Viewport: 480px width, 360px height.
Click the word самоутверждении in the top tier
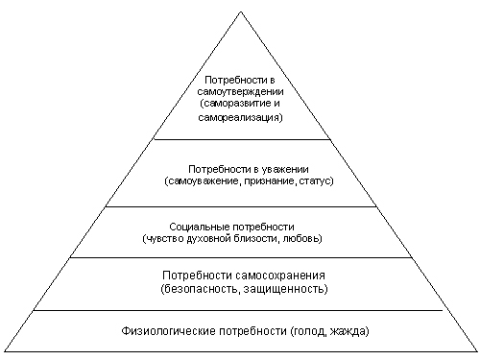[x=240, y=92]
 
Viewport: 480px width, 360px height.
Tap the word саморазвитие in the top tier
[x=236, y=104]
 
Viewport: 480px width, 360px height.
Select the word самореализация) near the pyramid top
[x=240, y=117]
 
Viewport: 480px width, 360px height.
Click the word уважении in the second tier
[x=285, y=169]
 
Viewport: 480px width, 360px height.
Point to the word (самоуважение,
[x=203, y=181]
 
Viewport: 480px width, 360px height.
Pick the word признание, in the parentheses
[x=270, y=181]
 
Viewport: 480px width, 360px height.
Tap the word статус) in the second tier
[x=316, y=181]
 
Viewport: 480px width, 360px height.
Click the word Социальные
[x=200, y=227]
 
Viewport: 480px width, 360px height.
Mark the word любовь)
[x=302, y=239]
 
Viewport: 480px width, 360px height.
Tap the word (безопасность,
[x=201, y=289]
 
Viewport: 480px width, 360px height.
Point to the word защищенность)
[x=286, y=289]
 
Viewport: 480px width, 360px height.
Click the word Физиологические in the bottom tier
[x=169, y=330]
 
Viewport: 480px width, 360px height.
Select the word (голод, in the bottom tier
[x=308, y=330]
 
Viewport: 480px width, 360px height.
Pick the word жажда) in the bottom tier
[x=349, y=330]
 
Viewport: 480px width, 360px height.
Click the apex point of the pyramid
[x=241, y=12]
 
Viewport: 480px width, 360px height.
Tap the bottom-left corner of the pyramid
[x=5, y=351]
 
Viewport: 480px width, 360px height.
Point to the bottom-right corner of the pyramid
[x=477, y=351]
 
